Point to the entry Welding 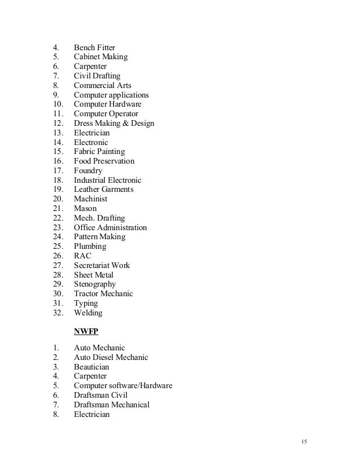tap(88, 313)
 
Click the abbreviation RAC tap(82, 256)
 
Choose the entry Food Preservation tap(104, 161)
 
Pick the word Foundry tap(88, 170)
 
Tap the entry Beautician tap(91, 367)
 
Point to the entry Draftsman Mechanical tap(112, 405)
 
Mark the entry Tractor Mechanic tap(103, 294)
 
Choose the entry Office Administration tap(110, 228)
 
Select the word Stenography tap(95, 284)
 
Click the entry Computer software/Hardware tap(123, 386)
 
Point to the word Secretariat tap(93, 266)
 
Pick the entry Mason tap(85, 209)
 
